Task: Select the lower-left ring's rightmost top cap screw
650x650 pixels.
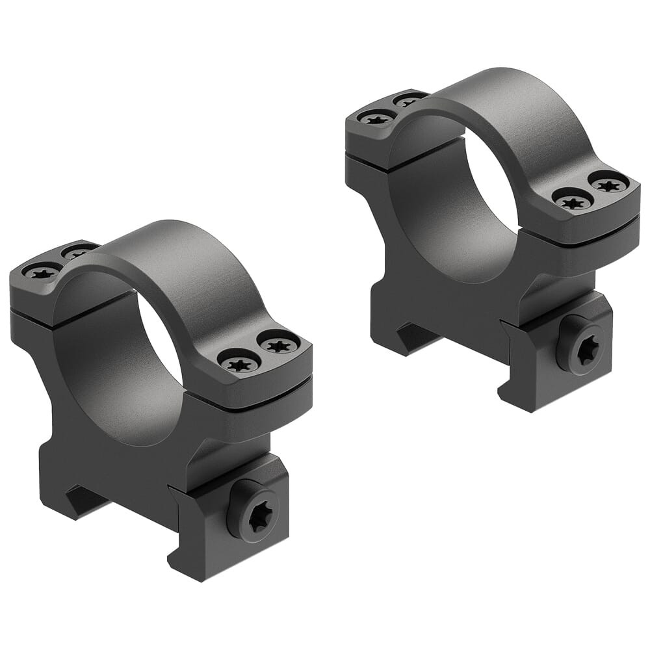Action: coord(279,344)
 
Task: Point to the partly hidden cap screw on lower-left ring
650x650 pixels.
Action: coord(77,252)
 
